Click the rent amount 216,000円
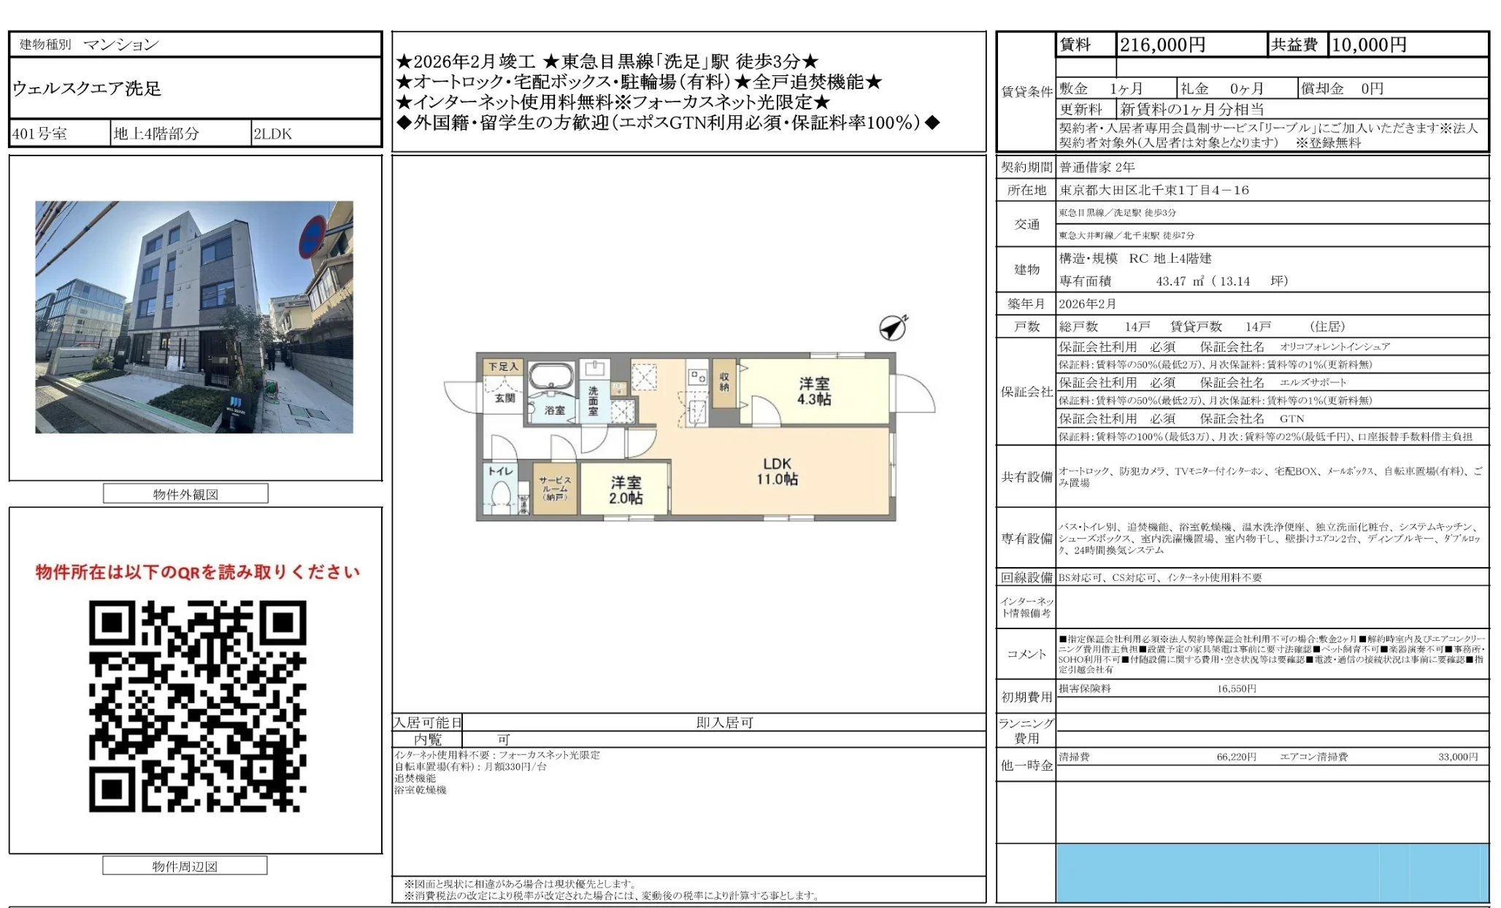point(1162,45)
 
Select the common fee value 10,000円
point(1369,45)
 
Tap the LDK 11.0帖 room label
point(777,472)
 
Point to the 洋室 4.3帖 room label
point(814,391)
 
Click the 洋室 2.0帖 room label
point(626,490)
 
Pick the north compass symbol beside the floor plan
point(893,328)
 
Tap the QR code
point(197,706)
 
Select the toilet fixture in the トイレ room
point(501,496)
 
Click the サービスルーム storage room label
point(555,488)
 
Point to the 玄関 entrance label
point(504,398)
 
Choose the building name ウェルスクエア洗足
point(87,89)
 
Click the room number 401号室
point(40,134)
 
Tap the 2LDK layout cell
point(272,134)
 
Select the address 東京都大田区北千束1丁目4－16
point(1154,191)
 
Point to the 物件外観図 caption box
point(185,494)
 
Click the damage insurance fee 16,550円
point(1236,689)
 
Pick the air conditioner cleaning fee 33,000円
point(1458,757)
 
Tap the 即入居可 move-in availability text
point(724,723)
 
